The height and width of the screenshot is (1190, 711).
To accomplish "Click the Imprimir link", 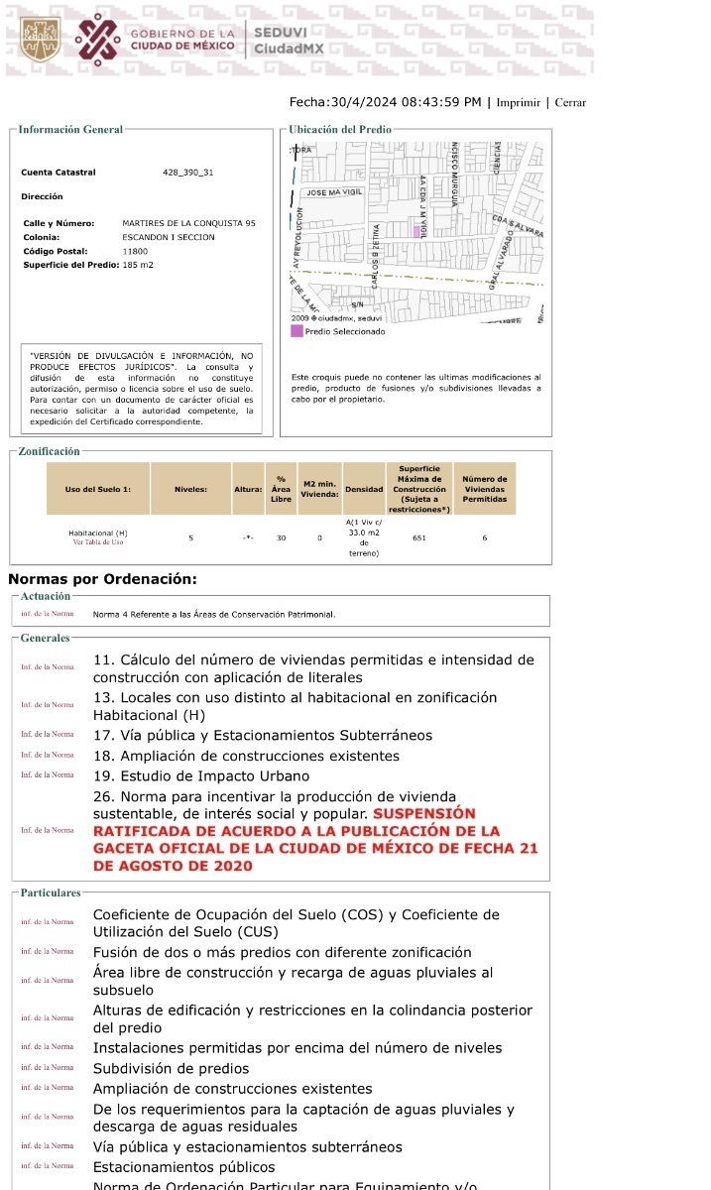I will (518, 102).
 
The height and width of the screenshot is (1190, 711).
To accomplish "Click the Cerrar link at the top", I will (570, 102).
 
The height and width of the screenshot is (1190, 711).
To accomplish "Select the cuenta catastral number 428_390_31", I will (187, 173).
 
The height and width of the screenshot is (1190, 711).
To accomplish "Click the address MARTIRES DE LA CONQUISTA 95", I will (188, 223).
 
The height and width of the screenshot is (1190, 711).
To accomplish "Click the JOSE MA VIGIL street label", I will (334, 192).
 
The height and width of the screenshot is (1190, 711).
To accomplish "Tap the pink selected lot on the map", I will (417, 231).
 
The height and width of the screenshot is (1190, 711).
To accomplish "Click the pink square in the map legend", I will (296, 331).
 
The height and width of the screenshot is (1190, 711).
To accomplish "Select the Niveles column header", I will (190, 489).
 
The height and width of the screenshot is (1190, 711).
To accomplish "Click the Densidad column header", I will (364, 490).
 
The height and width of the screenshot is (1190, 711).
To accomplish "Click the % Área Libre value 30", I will (281, 537).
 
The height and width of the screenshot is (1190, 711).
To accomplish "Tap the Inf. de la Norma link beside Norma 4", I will (48, 614).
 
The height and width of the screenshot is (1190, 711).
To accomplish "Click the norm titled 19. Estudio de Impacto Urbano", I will (201, 775).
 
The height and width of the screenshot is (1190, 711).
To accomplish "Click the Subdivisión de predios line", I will (171, 1068).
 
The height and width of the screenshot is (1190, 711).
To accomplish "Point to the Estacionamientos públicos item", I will (183, 1167).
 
